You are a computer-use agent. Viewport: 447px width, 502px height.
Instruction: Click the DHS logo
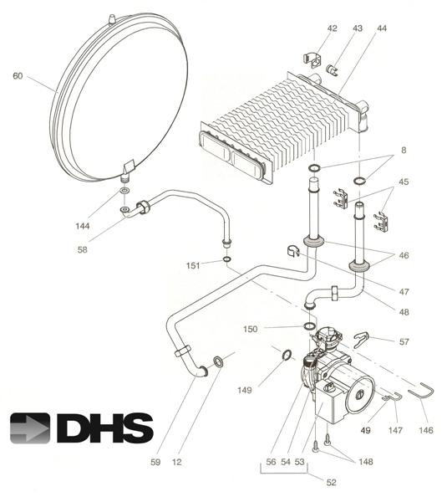(82, 427)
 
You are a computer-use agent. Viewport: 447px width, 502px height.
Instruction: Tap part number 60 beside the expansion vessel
(18, 76)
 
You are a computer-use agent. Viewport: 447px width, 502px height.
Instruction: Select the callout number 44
(382, 28)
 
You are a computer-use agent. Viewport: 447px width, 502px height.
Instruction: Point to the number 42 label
(332, 28)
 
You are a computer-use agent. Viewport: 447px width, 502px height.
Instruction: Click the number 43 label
(358, 28)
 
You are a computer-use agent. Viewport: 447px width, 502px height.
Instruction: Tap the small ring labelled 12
(218, 361)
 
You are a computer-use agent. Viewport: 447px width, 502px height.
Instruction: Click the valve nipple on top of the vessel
(111, 16)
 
